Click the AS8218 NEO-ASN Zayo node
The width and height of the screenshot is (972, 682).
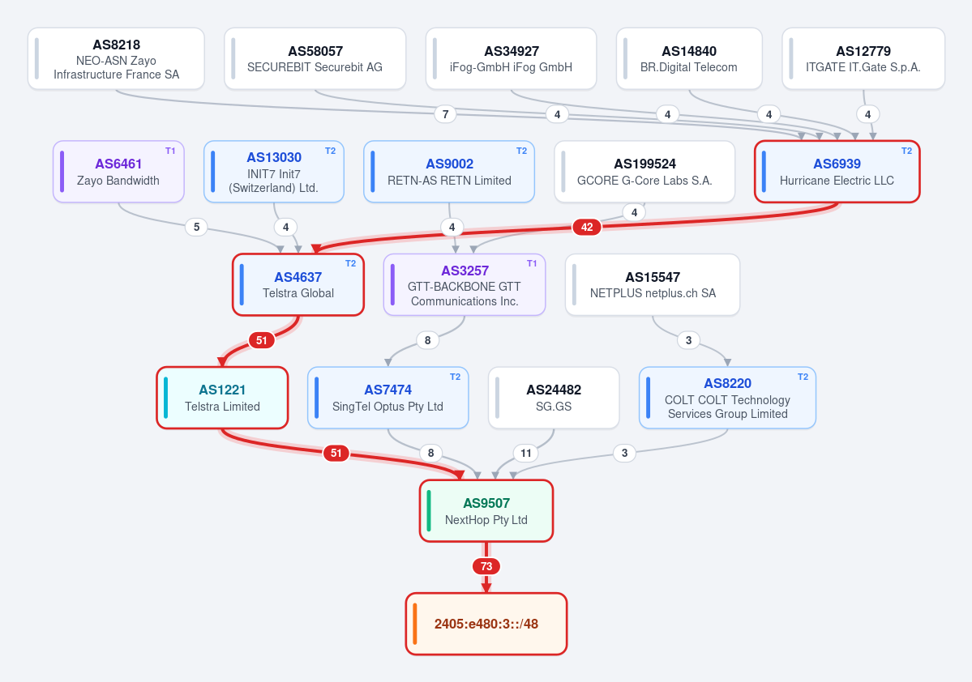(x=116, y=59)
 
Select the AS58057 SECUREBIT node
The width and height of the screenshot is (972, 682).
(x=315, y=59)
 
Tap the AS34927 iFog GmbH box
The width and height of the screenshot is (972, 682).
(x=511, y=59)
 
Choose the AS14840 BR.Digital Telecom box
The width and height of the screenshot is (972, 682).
(x=689, y=59)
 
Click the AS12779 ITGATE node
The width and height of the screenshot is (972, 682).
(x=863, y=59)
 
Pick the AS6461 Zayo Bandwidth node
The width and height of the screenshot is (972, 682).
(x=118, y=172)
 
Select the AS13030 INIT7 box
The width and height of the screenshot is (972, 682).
(x=274, y=172)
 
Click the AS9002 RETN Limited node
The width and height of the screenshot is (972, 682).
(x=449, y=172)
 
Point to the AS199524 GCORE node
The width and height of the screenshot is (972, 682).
(x=644, y=172)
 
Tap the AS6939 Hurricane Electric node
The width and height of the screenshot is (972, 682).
(x=837, y=172)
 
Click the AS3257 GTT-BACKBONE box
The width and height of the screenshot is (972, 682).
(x=465, y=285)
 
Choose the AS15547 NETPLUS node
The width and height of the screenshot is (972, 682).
(x=653, y=285)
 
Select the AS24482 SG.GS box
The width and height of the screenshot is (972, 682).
(x=554, y=398)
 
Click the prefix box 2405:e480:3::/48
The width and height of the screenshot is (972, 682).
(x=486, y=624)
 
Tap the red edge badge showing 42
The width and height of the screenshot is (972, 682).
(x=587, y=227)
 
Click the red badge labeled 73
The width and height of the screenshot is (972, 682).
(x=486, y=566)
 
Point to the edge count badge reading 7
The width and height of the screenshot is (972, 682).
(x=445, y=114)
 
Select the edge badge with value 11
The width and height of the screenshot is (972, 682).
(x=525, y=453)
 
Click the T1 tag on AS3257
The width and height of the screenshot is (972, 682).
(x=532, y=263)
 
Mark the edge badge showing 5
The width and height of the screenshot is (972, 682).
(x=196, y=227)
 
